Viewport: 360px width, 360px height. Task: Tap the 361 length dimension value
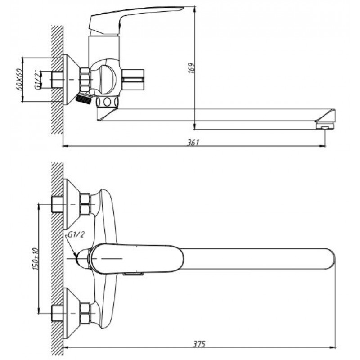pos(193,143)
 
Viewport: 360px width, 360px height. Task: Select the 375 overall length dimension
pos(199,344)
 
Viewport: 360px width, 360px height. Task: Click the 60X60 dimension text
pos(20,80)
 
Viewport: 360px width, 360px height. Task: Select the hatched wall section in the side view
pos(57,80)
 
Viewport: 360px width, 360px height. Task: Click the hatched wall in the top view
pos(57,260)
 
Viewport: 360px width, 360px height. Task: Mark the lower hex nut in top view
pos(85,313)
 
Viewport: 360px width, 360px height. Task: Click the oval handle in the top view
pos(136,258)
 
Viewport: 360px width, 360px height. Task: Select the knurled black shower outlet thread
pos(84,99)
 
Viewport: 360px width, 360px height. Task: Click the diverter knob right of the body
pos(132,80)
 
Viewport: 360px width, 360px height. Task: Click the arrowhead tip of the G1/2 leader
pos(76,256)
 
